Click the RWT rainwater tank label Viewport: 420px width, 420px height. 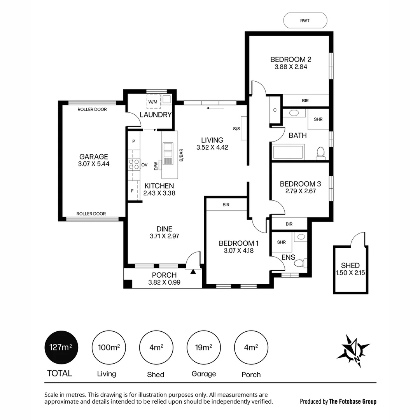point(305,21)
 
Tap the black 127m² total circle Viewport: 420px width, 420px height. point(61,347)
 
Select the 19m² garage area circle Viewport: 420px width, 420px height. point(203,347)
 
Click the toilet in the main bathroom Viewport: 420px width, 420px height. point(320,153)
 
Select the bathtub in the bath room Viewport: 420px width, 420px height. point(288,152)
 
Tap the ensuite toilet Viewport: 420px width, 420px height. point(301,264)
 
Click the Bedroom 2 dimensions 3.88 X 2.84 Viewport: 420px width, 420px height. point(291,67)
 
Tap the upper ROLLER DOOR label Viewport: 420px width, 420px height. point(92,110)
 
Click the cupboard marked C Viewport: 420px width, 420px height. point(275,110)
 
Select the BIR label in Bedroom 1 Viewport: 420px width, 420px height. point(226,204)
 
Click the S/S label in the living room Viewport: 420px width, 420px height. point(236,128)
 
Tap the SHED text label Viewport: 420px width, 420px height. point(350,266)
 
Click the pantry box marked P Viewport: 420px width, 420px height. point(133,141)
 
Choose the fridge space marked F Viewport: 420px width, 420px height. point(133,191)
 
